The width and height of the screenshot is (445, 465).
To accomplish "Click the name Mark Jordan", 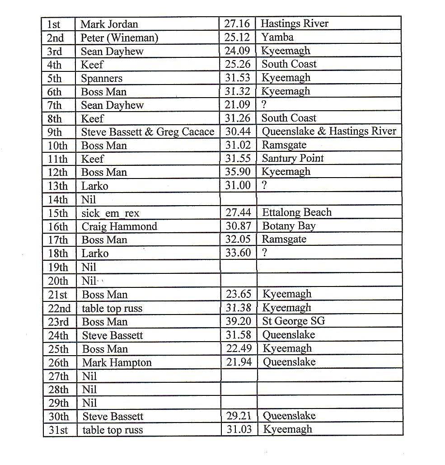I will pos(109,24).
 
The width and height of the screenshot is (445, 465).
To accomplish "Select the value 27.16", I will pos(238,23).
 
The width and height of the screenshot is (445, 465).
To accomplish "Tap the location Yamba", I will pos(277,37).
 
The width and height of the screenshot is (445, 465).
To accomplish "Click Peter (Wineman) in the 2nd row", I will pos(119,38).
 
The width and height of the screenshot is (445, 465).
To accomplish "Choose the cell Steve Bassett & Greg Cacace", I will pos(147,132).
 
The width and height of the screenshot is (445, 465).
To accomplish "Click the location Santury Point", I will pos(293,158).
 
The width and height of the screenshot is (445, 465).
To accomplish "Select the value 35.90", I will pos(238,172).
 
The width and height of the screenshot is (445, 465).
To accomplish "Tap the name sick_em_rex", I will pos(110,213).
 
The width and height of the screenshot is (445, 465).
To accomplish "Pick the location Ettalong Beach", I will pos(296,212).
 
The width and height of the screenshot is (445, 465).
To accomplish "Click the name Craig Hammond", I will pos(119,226).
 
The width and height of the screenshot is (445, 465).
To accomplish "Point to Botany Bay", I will pos(289,226).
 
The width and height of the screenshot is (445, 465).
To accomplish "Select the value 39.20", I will pos(239,321).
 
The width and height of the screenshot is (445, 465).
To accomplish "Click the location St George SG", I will pos(294,321).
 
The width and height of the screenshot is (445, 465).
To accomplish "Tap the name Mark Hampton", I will pos(117,363).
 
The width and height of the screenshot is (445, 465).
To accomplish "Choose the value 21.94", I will pos(239,362).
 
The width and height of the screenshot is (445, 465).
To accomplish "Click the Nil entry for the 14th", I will pos(89,200).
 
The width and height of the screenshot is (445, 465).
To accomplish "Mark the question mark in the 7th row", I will pos(264,105).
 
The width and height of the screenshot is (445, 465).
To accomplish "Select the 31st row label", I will pos(58,430).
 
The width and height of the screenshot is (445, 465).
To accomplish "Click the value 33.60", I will pos(238,253).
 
